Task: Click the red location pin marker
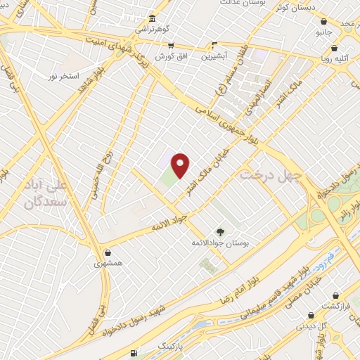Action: tap(181, 165)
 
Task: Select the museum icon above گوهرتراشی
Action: tap(153, 17)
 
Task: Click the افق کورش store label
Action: tap(166, 55)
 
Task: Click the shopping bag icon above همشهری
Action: tap(108, 252)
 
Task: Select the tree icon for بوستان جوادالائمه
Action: tap(220, 231)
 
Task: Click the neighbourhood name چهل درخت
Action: tap(271, 174)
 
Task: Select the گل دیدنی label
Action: tap(314, 326)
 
